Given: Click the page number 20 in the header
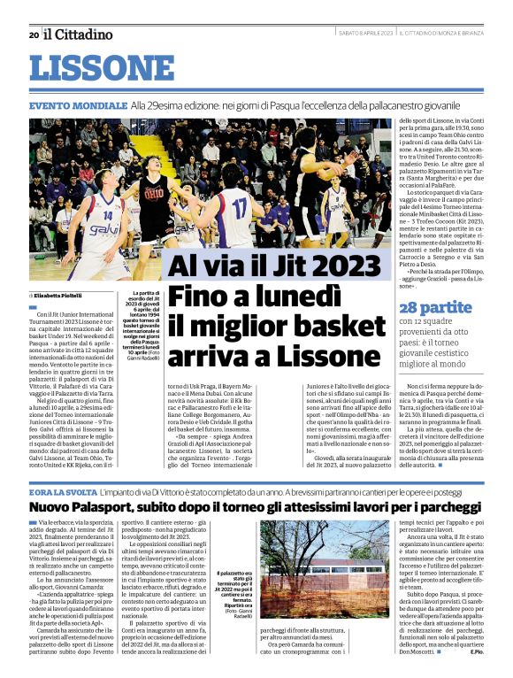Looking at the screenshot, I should (34, 35).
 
